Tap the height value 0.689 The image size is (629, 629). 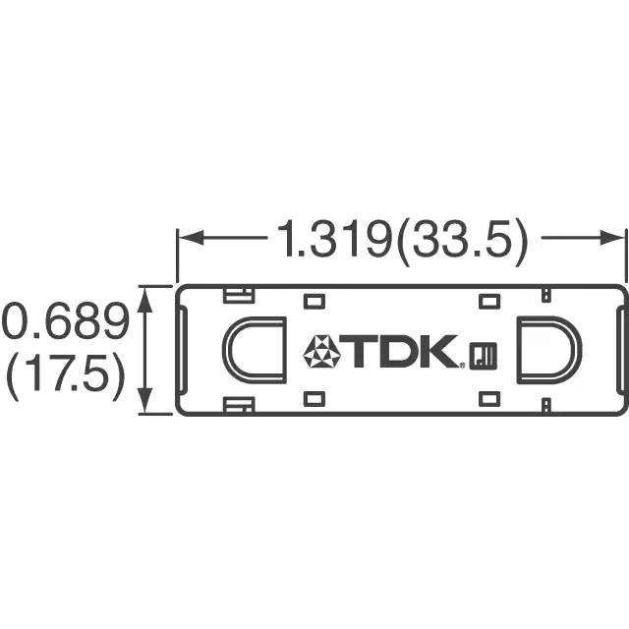(x=66, y=321)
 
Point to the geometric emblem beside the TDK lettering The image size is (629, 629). (x=321, y=352)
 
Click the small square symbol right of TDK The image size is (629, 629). (x=484, y=356)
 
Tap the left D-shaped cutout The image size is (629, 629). (x=255, y=350)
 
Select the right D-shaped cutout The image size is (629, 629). (x=548, y=350)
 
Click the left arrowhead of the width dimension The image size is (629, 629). (x=191, y=238)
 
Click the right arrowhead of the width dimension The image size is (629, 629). (x=612, y=238)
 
